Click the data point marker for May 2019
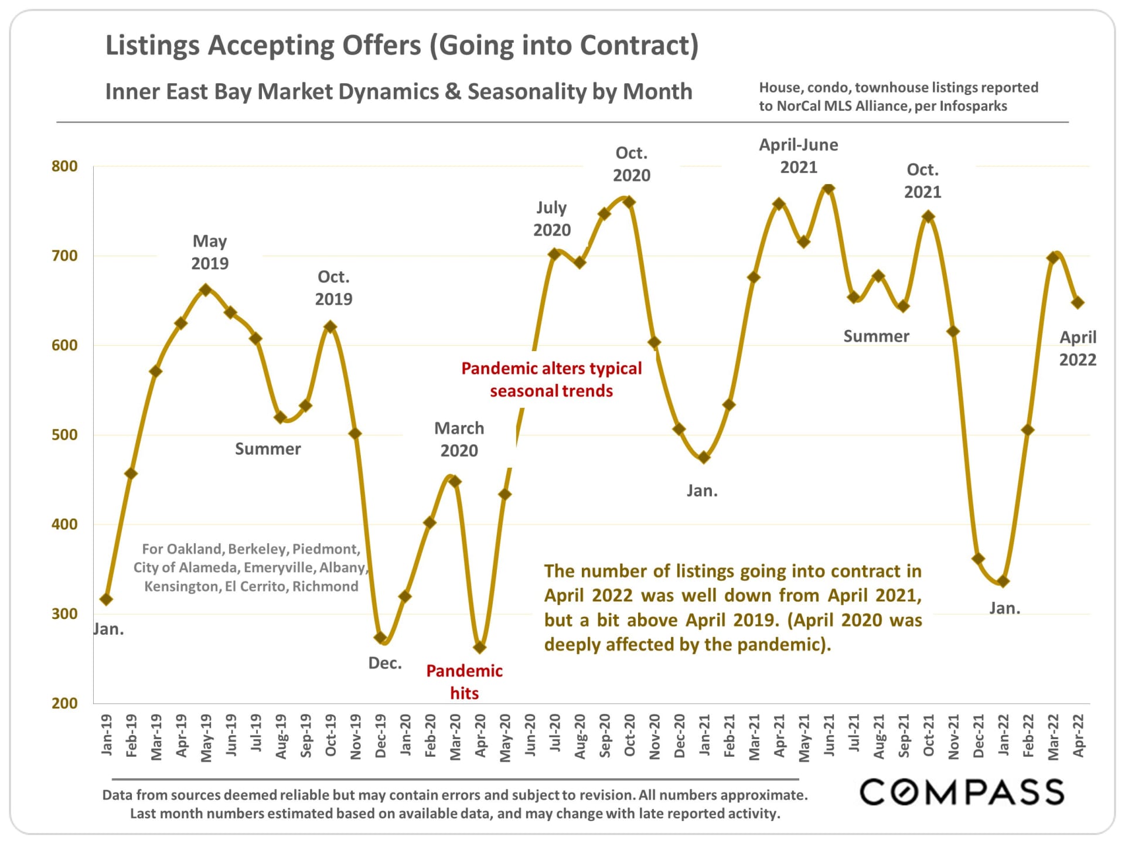pos(205,290)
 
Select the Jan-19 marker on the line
pos(106,599)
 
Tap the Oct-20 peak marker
pos(629,202)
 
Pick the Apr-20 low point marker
pos(480,647)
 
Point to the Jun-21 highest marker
pos(829,188)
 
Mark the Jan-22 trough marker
pos(1003,581)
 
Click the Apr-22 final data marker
pos(1078,302)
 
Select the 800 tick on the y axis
pos(64,166)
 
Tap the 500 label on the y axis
pos(64,435)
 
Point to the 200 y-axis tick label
pos(64,703)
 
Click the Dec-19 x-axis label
pos(381,736)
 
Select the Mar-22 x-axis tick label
pos(1054,737)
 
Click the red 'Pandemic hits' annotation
pos(464,682)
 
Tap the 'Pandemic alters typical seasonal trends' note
pos(551,379)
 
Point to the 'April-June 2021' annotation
pos(799,156)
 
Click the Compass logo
pos(962,792)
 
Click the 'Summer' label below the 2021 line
pos(876,336)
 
